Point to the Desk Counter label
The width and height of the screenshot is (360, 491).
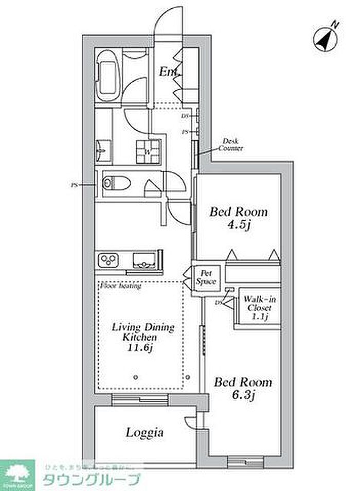(230, 145)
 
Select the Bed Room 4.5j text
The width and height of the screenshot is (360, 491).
(238, 218)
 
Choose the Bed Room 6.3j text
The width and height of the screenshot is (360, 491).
(243, 389)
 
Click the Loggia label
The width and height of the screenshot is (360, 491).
(145, 433)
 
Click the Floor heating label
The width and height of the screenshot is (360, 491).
(120, 286)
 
